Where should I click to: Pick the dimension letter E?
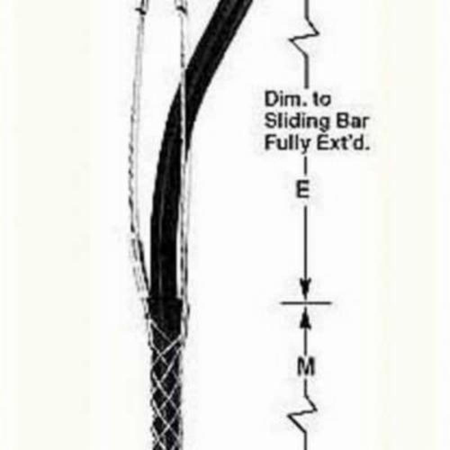click(x=302, y=190)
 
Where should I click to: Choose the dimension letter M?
click(x=306, y=367)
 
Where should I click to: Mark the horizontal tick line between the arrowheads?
click(x=306, y=303)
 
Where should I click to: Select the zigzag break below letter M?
click(x=303, y=413)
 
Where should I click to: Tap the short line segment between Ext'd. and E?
click(x=304, y=166)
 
